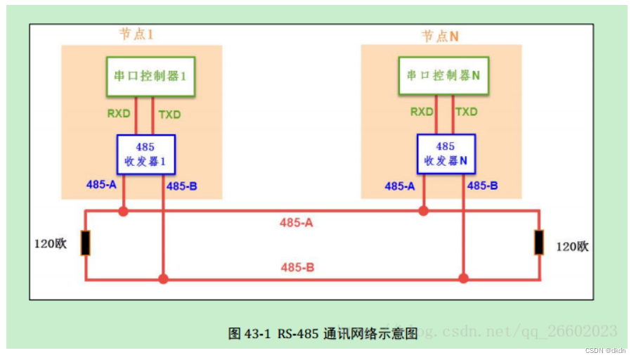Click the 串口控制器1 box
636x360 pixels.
(150, 77)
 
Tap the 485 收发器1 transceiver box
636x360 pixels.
(145, 155)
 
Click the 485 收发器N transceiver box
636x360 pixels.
(446, 154)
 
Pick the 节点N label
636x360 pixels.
(440, 36)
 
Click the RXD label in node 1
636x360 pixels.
(118, 113)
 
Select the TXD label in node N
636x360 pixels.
(466, 112)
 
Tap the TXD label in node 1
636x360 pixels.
(170, 113)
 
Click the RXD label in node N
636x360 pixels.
(422, 112)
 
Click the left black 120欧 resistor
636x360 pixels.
(85, 243)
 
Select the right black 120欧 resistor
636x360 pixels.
(539, 243)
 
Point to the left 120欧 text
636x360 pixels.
(51, 245)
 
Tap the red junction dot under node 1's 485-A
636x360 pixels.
(123, 210)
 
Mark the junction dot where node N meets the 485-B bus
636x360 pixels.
(463, 279)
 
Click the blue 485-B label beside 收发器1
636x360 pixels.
(181, 186)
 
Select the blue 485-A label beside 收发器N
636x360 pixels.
(400, 186)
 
